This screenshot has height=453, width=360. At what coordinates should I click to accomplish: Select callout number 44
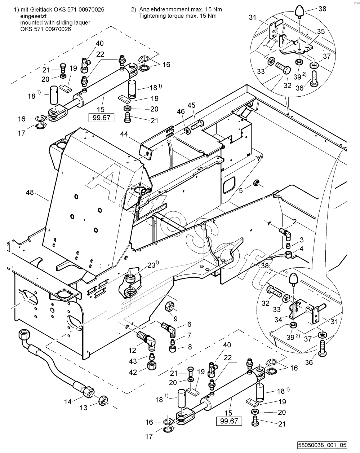coord(124,134)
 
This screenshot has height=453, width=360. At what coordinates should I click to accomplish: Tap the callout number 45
coord(191,105)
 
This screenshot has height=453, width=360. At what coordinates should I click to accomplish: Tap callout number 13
coord(84,408)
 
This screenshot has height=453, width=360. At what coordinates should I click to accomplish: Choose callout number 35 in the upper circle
coord(320,32)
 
